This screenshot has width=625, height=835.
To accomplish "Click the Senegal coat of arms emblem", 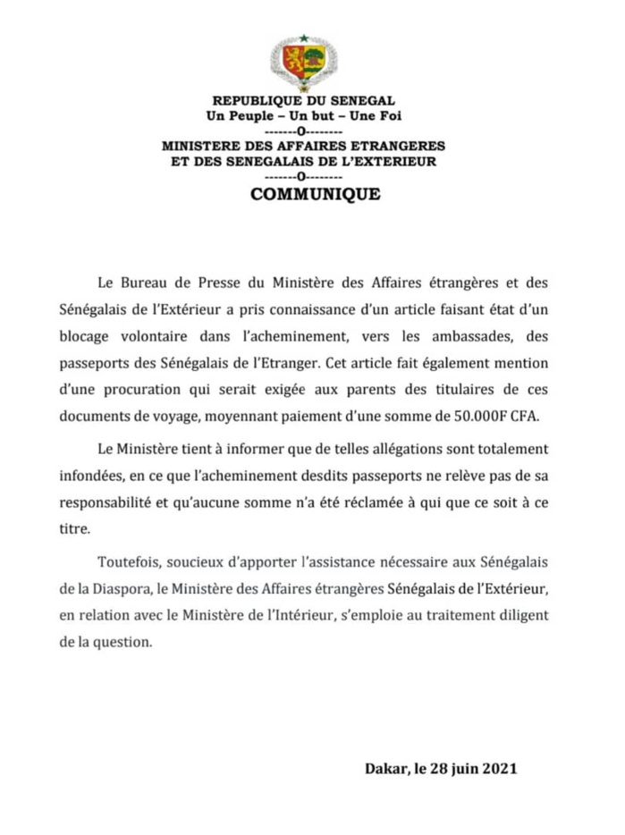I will pos(303,63).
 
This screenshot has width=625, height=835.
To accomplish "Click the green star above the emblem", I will pos(303,38).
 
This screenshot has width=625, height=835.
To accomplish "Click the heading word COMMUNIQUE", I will pos(315,194).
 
